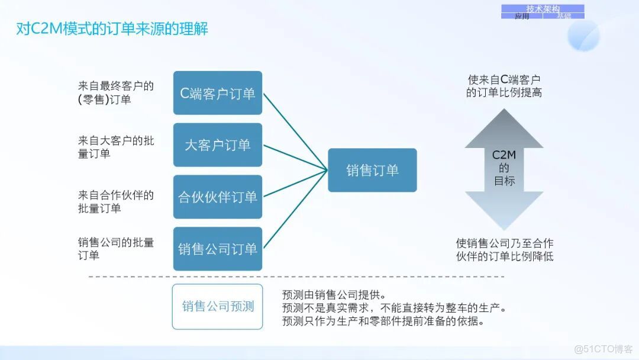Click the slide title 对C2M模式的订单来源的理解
[x=112, y=28]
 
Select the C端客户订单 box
[x=218, y=93]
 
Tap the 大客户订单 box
[x=218, y=145]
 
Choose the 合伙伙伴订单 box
[x=218, y=197]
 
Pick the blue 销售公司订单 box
[x=218, y=249]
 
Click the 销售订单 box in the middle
[x=372, y=171]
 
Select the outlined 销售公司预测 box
[x=218, y=307]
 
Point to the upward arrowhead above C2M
[x=504, y=129]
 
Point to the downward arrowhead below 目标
[x=504, y=210]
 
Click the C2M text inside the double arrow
[x=504, y=156]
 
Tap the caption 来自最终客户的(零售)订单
[x=116, y=93]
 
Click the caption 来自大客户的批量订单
[x=116, y=147]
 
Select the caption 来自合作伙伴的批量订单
[x=116, y=201]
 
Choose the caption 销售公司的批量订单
[x=116, y=249]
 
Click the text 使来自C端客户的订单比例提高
[x=504, y=86]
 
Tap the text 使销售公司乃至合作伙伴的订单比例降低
[x=505, y=250]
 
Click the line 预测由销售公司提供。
[x=334, y=294]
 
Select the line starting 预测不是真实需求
[x=395, y=308]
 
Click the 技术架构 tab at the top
[x=543, y=9]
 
